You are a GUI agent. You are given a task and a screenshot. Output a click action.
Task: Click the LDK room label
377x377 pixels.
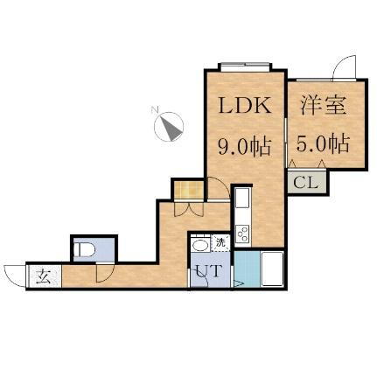coord(245,105)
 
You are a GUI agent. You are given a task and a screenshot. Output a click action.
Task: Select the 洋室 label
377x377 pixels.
coord(324,105)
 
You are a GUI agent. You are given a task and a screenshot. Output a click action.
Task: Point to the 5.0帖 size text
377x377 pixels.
coord(323,143)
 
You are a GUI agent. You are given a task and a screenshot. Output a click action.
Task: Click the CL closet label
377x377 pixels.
coord(305,183)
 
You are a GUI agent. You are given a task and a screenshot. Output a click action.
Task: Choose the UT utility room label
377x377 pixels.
coord(209,271)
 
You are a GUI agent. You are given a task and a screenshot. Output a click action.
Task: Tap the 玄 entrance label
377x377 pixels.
coord(44,276)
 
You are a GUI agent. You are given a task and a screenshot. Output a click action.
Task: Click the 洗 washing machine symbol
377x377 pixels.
coord(221,242)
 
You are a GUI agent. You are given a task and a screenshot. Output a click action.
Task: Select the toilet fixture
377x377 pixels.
coord(84,249)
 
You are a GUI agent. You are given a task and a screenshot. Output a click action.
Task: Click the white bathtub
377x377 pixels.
coord(273,269)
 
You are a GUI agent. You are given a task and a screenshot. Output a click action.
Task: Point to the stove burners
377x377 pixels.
coord(243,234)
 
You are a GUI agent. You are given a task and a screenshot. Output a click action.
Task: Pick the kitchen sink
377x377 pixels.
coord(242,198)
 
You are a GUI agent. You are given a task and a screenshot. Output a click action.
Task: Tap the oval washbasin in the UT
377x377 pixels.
coord(200,245)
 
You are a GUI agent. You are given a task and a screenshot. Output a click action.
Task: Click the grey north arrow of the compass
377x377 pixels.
coord(172,129)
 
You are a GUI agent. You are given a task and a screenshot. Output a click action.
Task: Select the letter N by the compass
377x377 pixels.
coord(155,110)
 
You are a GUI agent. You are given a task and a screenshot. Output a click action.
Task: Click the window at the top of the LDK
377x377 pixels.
coord(245,66)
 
